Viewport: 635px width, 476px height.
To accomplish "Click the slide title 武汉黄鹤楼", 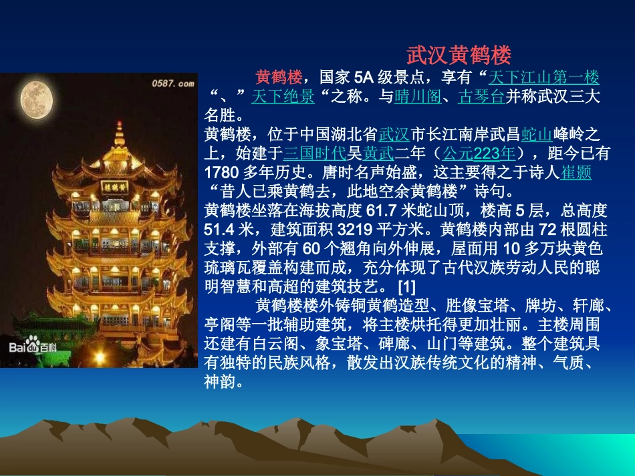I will coord(459,54).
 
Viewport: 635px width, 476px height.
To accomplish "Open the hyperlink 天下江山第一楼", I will coord(544,77).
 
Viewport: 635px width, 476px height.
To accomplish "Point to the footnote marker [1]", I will coord(406,287).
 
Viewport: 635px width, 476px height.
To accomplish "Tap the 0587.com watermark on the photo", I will coord(172,83).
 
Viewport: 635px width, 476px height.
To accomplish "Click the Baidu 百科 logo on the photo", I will coord(33,348).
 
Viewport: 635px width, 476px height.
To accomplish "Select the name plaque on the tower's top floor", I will coord(116,186).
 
